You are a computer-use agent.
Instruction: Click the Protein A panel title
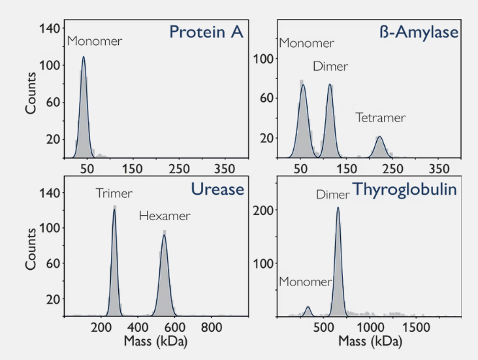tap(206, 32)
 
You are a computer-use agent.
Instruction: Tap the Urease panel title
tap(217, 189)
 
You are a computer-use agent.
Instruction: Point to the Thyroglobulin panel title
tap(405, 190)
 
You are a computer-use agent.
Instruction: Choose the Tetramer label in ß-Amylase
tap(381, 118)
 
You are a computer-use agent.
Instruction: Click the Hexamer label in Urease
tap(164, 216)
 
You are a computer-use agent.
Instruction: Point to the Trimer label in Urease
tap(114, 193)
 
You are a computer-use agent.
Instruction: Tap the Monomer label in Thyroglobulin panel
tap(306, 282)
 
